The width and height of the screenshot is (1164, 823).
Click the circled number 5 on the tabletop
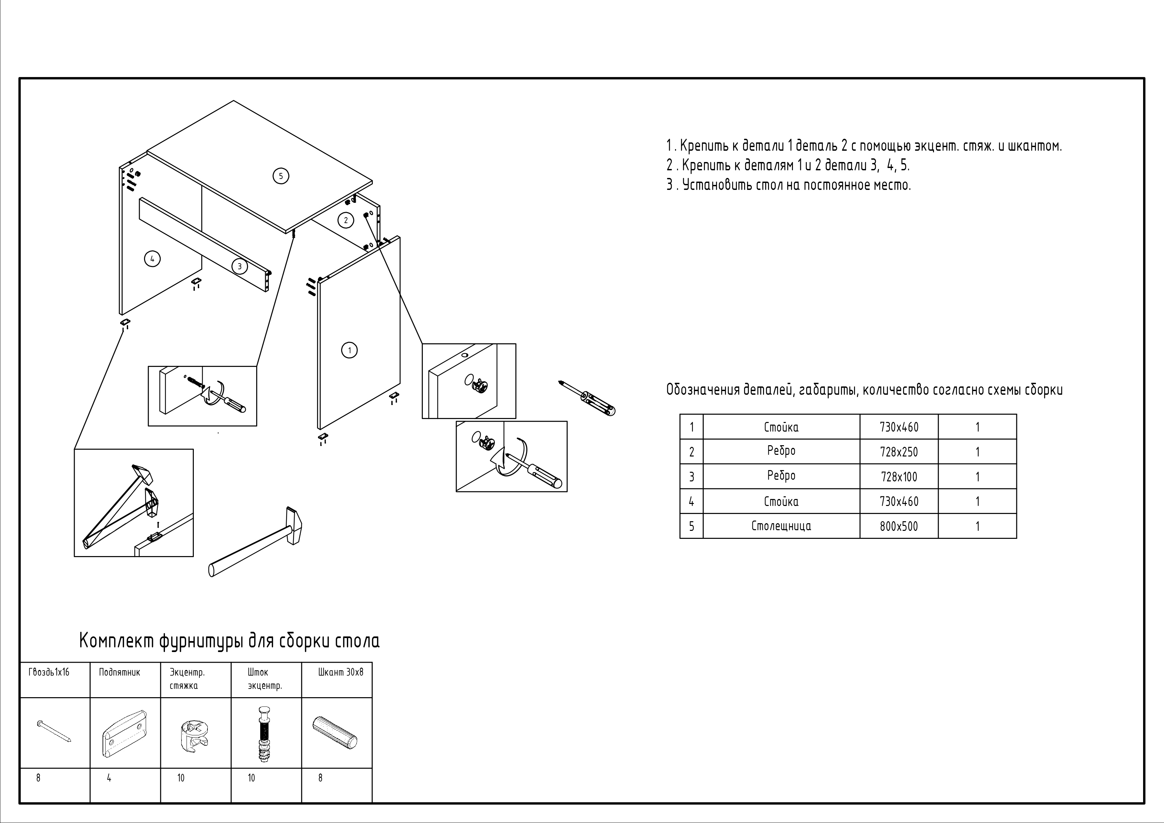coord(281,176)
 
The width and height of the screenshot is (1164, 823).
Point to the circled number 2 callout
coord(346,220)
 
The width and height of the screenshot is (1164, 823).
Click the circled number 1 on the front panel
coord(349,350)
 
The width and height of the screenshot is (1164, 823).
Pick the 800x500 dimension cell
coord(898,526)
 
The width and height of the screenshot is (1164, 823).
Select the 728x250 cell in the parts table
coord(898,452)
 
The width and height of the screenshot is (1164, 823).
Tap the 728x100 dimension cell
coord(898,477)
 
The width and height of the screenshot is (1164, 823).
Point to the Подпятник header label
coord(119,672)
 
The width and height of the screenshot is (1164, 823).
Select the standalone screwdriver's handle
coord(599,403)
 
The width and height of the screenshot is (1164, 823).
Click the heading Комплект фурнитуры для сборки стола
coord(229,641)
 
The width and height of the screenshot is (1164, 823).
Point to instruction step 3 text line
coord(788,185)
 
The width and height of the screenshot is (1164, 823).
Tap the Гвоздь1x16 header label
coord(49,672)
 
